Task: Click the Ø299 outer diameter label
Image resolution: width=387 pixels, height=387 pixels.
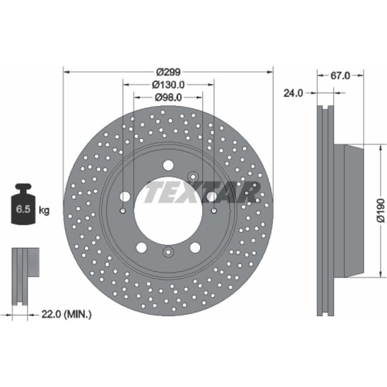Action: (x=168, y=72)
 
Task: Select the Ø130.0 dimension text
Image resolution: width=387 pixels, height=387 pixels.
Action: (x=168, y=85)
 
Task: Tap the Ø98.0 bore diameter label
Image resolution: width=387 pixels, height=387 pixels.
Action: (x=168, y=98)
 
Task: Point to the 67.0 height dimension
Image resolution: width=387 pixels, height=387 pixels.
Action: (x=340, y=76)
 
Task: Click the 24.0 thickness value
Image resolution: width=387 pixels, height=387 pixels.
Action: (x=293, y=93)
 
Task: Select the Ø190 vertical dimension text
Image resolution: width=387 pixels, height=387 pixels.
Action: (x=381, y=211)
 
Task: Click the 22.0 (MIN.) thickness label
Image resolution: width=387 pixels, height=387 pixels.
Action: (x=67, y=314)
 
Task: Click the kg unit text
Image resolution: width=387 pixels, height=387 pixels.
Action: (x=44, y=211)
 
